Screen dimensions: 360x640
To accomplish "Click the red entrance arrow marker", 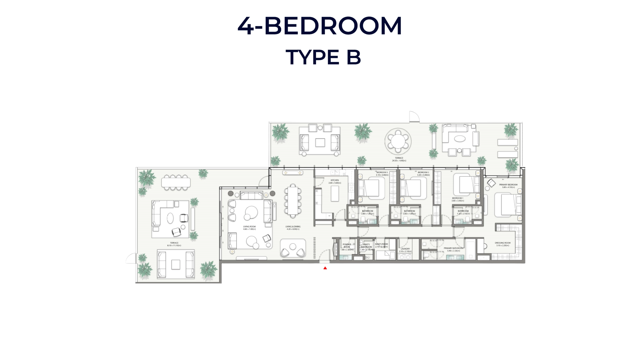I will (x=325, y=268).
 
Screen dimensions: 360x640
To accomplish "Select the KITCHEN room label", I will (x=335, y=180).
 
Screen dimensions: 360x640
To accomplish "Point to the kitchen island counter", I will (x=335, y=194).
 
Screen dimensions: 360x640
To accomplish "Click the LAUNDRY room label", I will (x=405, y=249).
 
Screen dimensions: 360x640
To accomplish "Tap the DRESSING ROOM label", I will (x=502, y=243).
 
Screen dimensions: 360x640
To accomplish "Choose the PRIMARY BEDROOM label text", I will (x=508, y=184).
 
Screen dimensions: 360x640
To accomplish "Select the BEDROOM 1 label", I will (x=457, y=198).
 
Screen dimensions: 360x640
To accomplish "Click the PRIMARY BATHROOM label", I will (x=453, y=248).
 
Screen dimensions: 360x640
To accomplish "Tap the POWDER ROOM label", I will (x=347, y=245).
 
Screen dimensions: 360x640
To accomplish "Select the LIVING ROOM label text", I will (x=249, y=227).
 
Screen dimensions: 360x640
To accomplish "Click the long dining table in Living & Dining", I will (x=293, y=201).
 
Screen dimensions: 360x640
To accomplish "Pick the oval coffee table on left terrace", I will (x=170, y=218).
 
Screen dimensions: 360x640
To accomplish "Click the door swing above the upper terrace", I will (x=414, y=116).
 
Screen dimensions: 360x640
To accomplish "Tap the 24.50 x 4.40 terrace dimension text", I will (x=399, y=161).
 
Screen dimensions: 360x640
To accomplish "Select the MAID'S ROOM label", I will (x=381, y=244).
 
